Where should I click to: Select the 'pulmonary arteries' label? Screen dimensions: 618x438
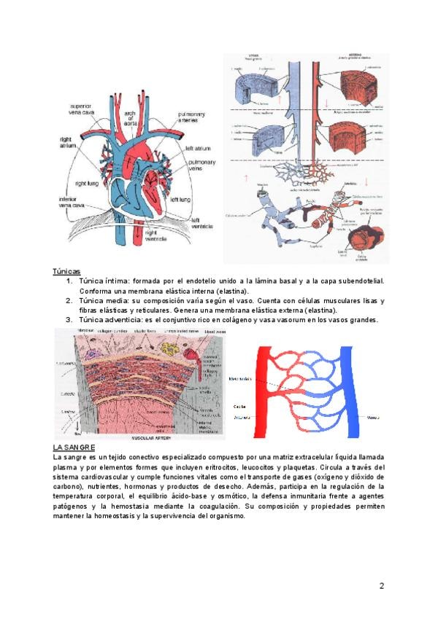click(x=191, y=118)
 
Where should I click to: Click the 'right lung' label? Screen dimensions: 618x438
click(x=91, y=184)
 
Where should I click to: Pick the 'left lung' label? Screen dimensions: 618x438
click(x=181, y=198)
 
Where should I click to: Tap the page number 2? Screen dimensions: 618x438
click(x=382, y=585)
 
